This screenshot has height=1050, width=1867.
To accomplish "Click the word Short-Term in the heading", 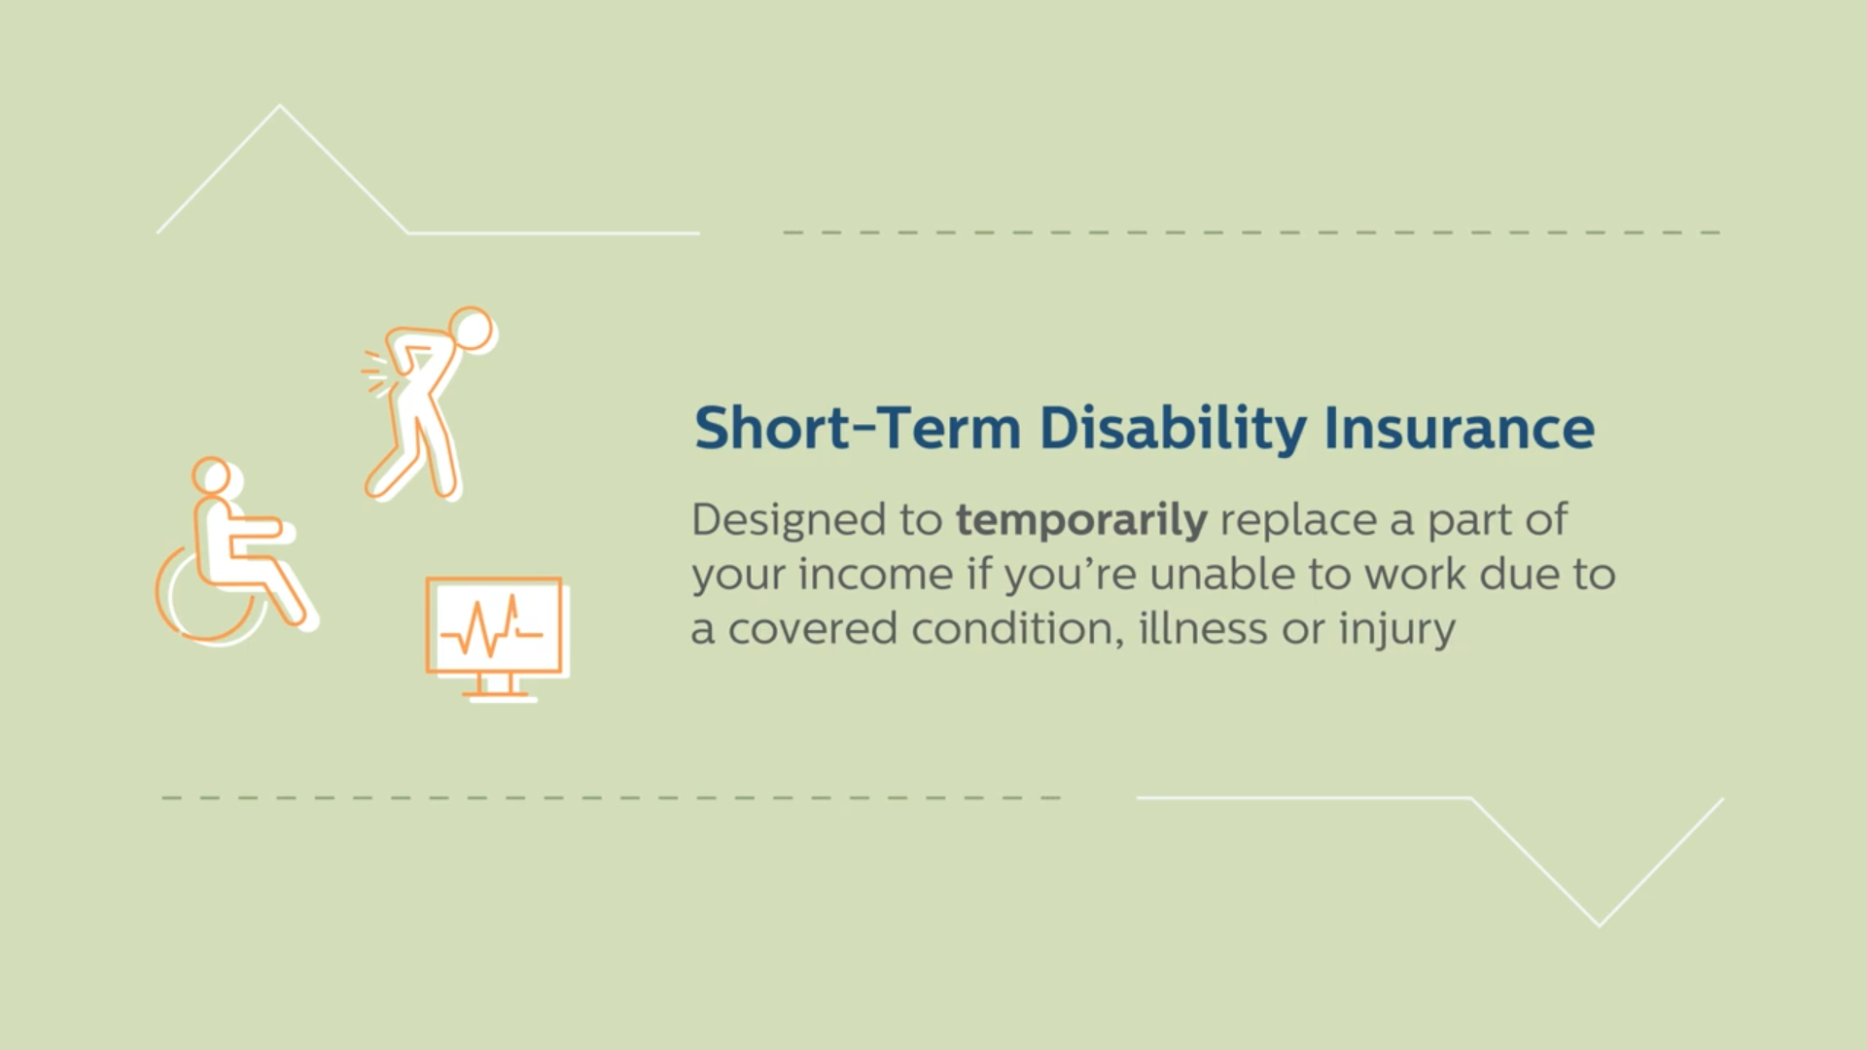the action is point(858,429).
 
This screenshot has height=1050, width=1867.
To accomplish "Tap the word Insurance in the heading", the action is point(1460,429).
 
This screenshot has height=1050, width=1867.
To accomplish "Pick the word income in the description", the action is point(876,574).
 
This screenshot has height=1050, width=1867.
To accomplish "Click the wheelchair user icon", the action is point(236,549).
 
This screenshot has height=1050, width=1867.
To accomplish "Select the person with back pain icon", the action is point(430,403).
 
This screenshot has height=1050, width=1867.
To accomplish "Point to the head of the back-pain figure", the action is point(473,330).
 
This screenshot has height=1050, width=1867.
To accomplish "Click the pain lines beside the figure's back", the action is point(373,372).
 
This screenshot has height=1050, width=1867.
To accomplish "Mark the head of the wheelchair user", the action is point(213,476).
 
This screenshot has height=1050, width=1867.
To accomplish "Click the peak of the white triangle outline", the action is point(280,105).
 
